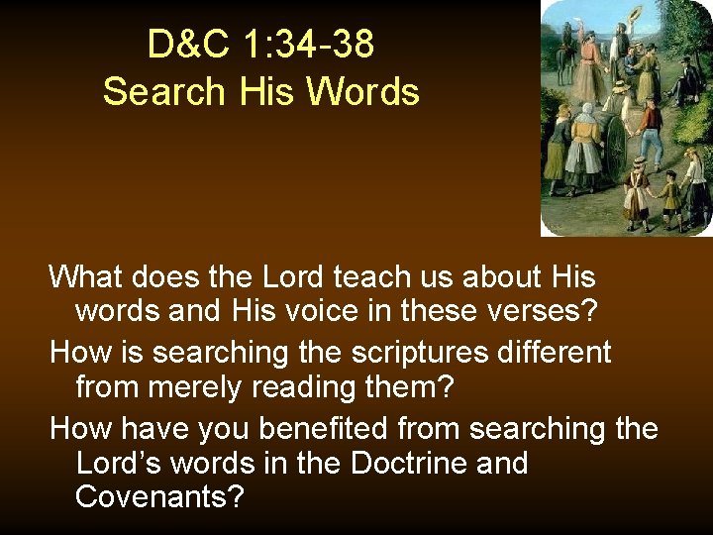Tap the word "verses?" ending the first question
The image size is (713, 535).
[544, 312]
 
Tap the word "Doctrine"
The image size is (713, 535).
[394, 464]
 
